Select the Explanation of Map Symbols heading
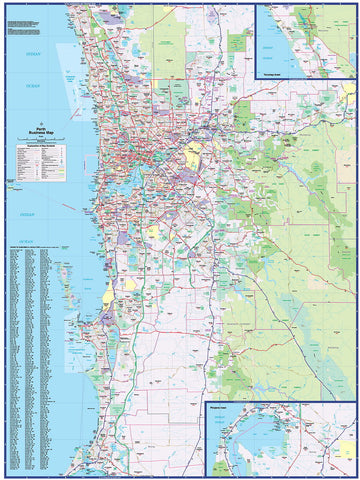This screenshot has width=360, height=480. pos(39,148)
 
